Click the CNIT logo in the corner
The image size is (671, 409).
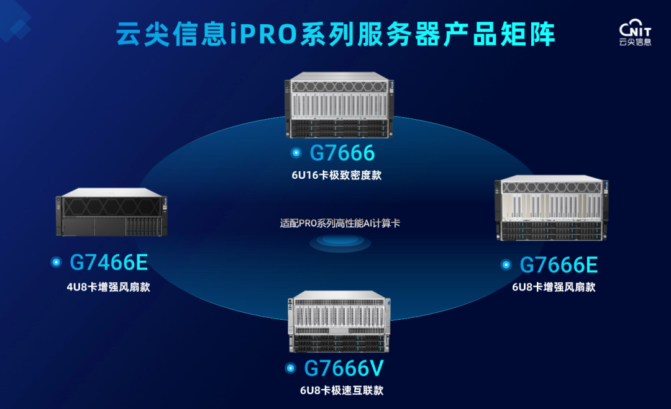(635, 32)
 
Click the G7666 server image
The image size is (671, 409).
(339, 105)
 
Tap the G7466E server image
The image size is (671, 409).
(111, 212)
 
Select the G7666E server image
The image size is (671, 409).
(551, 208)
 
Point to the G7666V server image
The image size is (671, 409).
(339, 321)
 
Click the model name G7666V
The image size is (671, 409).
(344, 369)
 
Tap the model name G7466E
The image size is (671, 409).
(109, 263)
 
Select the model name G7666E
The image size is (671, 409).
(559, 265)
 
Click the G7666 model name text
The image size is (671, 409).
(342, 153)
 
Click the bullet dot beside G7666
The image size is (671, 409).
(296, 153)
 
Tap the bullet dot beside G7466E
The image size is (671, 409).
(56, 262)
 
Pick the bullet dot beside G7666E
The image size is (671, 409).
(506, 265)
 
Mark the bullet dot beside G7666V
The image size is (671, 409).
(290, 368)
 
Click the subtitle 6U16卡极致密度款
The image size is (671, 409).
(336, 175)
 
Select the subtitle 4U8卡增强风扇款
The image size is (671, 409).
(108, 287)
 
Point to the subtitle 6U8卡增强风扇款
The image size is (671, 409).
(554, 287)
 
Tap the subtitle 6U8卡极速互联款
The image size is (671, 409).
(342, 390)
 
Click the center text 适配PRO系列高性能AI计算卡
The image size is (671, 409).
(340, 223)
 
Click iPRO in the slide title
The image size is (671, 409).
(263, 34)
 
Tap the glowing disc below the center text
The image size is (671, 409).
(340, 242)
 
